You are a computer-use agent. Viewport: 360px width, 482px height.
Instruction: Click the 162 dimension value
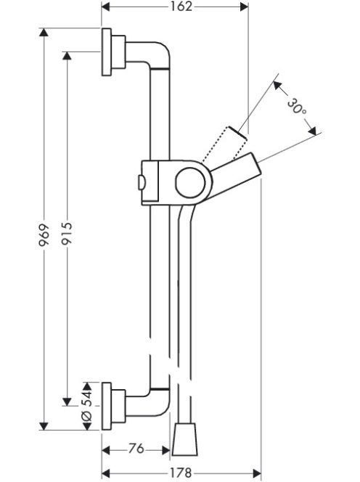pos(181,7)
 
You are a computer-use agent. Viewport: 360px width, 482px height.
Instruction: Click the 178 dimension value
pos(181,473)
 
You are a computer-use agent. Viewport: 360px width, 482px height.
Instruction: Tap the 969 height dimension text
pos(44,235)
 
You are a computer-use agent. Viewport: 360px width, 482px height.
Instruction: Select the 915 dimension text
pos(66,234)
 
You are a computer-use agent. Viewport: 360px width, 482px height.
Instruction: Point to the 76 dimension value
pos(136,449)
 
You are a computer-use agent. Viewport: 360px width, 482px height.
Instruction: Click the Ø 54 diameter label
pos(87,405)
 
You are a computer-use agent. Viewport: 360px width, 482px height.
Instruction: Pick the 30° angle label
pos(297,106)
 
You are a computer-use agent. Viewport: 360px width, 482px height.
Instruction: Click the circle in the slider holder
pos(190,183)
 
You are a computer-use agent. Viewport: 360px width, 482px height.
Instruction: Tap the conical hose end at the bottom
pos(184,439)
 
